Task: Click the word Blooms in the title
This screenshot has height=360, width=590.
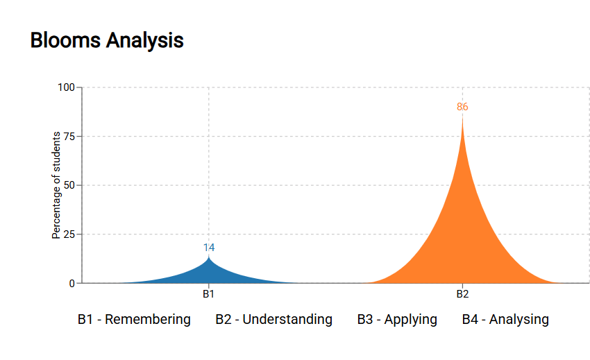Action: click(x=65, y=40)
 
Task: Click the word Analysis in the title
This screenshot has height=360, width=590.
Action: click(x=145, y=41)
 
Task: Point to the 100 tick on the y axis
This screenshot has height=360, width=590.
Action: click(x=66, y=87)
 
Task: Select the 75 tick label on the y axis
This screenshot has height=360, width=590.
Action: click(x=69, y=137)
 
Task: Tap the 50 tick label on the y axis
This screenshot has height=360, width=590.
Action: click(x=69, y=185)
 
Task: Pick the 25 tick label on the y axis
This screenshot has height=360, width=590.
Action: click(x=69, y=234)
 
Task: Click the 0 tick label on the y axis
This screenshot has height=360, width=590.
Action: click(x=72, y=284)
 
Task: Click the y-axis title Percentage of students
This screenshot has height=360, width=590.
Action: click(x=56, y=185)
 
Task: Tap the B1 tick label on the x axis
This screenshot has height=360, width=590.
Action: click(x=209, y=294)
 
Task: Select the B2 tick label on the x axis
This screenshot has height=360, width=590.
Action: click(x=462, y=294)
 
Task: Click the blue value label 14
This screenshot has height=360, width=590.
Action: click(x=209, y=248)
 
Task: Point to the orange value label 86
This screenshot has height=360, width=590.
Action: click(x=462, y=107)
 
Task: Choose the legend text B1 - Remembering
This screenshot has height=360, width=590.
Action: click(x=134, y=320)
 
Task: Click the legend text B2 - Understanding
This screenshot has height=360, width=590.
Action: click(x=273, y=320)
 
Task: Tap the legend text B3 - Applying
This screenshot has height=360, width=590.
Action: click(x=397, y=320)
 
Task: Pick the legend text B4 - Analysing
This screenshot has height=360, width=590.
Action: click(x=505, y=320)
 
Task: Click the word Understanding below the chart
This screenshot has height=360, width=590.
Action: click(x=287, y=320)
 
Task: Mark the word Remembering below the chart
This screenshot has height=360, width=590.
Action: click(x=148, y=320)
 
